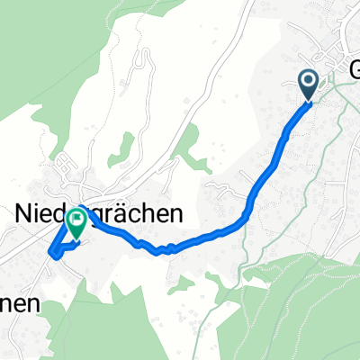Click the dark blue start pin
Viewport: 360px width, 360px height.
coord(307,85)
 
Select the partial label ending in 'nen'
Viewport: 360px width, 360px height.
coord(20,303)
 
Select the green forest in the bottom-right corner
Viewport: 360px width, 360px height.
coord(297,306)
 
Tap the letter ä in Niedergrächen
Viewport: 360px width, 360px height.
coord(135,211)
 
